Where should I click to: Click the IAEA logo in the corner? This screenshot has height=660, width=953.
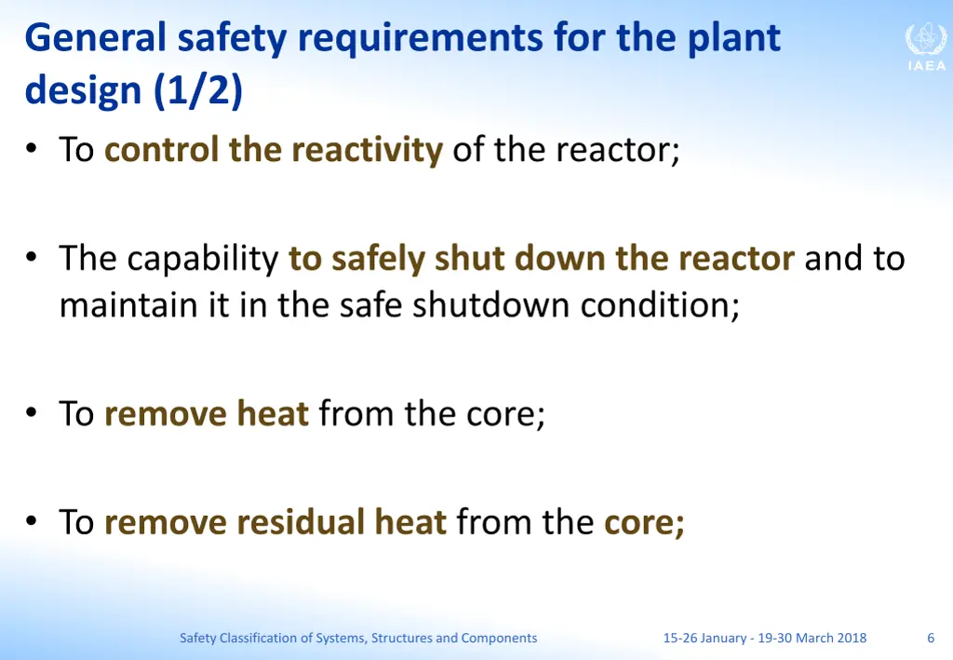coord(925,47)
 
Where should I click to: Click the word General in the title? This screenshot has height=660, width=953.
coord(96,38)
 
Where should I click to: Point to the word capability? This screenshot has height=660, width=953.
coord(203,258)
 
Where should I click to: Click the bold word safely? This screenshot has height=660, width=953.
coord(378,258)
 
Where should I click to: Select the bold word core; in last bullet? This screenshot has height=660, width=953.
coord(644,521)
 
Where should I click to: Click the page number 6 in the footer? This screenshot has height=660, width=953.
coord(931,638)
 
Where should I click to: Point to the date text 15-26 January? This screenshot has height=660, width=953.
coord(704,638)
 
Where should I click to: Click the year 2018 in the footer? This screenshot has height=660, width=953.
coord(852,638)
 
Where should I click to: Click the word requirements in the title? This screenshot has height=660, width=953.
coord(420,38)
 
